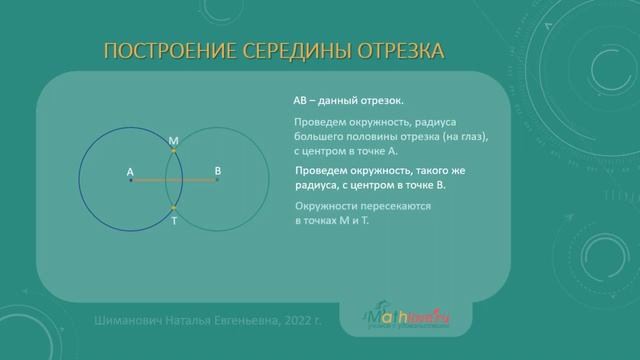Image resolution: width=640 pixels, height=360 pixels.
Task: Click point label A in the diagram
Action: pos(130,172)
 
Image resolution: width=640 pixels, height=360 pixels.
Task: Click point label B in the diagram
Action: pos(217,171)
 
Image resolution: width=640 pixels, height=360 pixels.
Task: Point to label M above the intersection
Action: pos(174,143)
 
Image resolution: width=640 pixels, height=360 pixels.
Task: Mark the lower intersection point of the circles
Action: pos(174,208)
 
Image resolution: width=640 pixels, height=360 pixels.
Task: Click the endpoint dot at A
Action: pos(130,181)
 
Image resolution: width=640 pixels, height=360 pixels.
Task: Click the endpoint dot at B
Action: pos(217,181)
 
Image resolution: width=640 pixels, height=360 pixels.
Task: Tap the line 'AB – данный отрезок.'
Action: pos(348,101)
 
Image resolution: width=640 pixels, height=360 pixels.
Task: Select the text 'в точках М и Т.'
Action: pos(332,219)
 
